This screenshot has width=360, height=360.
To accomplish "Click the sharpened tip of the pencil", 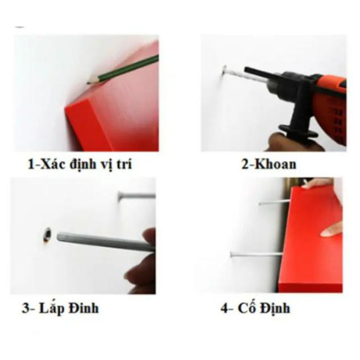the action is click(88, 83).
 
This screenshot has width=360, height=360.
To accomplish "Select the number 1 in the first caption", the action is click(31, 165).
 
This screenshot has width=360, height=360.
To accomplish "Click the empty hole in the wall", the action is click(47, 235).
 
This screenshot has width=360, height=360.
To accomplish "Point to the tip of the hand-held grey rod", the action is click(59, 236).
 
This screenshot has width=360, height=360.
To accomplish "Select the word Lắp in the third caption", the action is click(52, 308).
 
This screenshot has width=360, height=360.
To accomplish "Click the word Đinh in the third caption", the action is click(84, 308).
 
